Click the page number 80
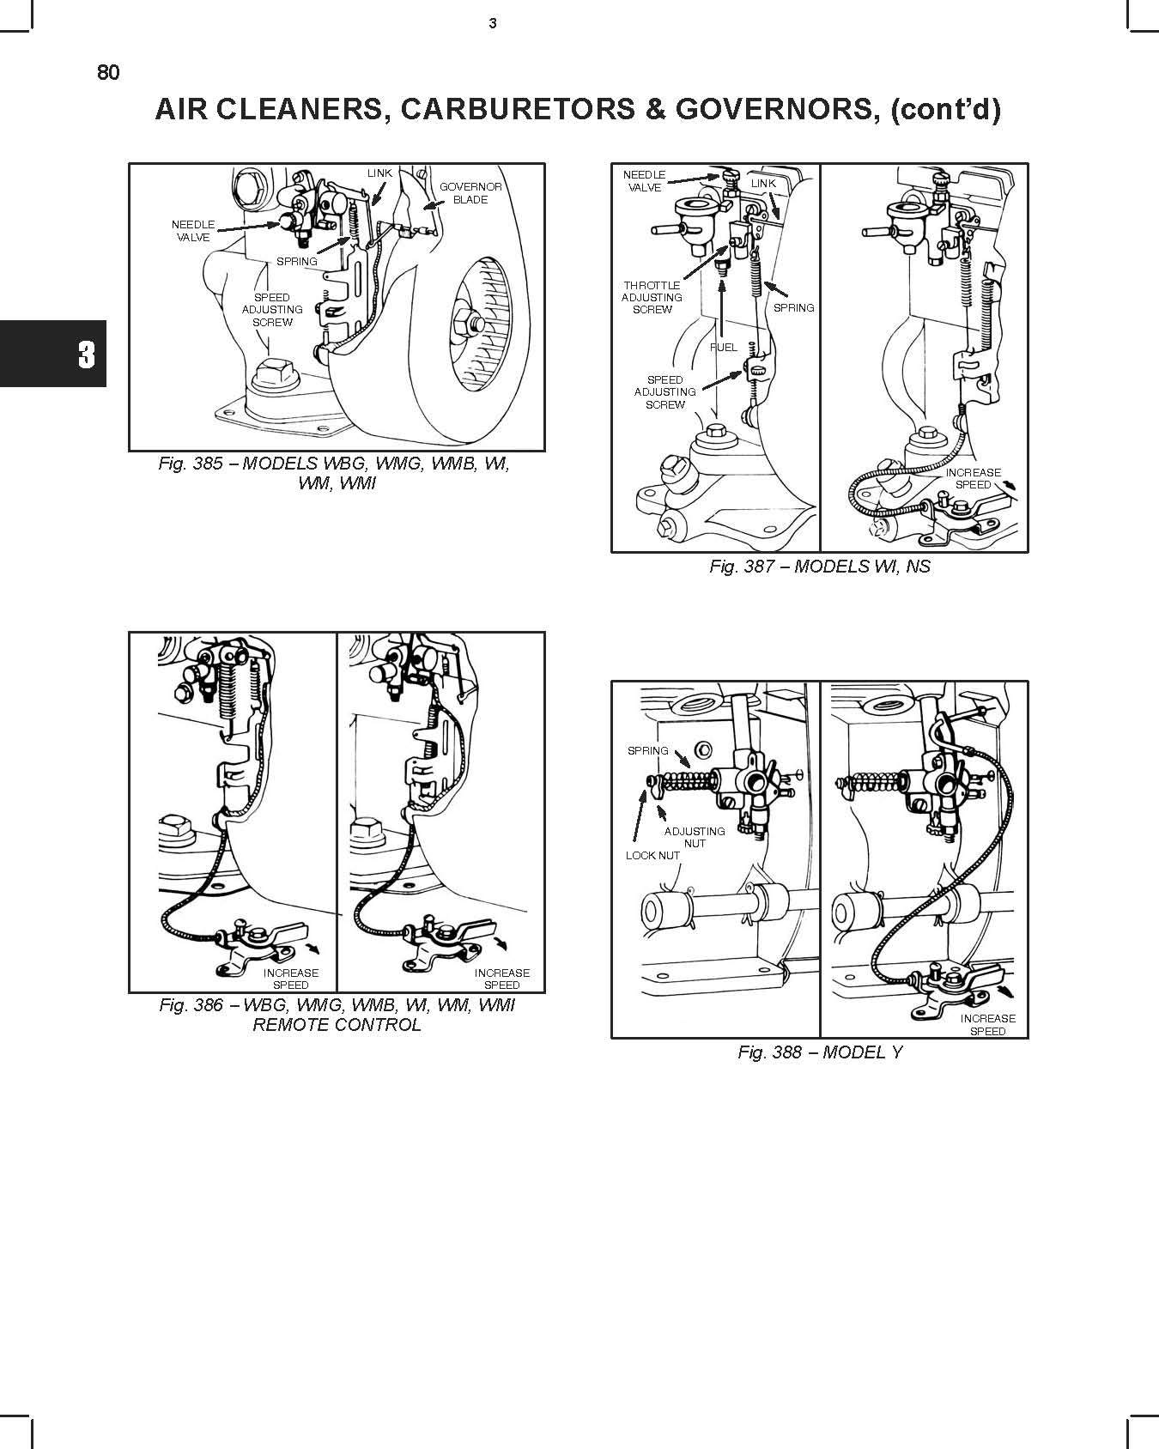(x=109, y=73)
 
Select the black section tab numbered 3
(x=53, y=354)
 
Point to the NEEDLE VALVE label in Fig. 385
(x=193, y=231)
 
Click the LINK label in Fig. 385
(x=379, y=173)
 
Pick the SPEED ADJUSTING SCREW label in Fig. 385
(x=272, y=310)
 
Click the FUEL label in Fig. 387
(x=724, y=348)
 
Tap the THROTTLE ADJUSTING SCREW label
(x=652, y=297)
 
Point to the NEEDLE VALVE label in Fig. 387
(x=645, y=181)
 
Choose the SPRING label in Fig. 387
(x=794, y=307)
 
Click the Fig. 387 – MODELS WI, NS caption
(x=820, y=567)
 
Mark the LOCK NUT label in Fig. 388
(x=652, y=855)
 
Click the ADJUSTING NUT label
(x=695, y=837)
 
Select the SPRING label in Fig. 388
(x=648, y=750)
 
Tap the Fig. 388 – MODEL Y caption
(x=820, y=1052)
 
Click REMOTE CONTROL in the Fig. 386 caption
(x=337, y=1025)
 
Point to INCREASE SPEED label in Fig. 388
(x=988, y=1025)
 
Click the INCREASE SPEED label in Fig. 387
(x=974, y=478)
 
